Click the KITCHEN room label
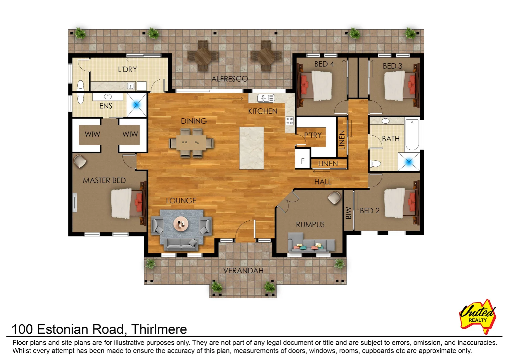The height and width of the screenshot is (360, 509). tap(263, 111)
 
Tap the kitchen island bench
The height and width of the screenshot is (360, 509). tap(251, 148)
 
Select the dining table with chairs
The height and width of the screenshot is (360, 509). tap(191, 143)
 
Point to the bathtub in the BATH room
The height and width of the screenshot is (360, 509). tap(412, 135)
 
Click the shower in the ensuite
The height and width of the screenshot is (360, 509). tap(136, 105)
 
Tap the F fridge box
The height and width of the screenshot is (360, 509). tap(303, 161)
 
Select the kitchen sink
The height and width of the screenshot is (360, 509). tap(266, 98)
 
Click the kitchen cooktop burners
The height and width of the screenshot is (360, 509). tap(290, 121)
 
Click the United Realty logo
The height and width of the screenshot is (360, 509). tap(478, 316)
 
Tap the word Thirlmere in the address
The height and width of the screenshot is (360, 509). tap(159, 329)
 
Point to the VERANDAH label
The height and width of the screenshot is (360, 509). tap(243, 271)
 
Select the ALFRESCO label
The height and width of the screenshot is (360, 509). tap(229, 79)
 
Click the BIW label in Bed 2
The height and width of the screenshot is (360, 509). tap(349, 213)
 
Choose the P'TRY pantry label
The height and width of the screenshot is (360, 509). tap(313, 135)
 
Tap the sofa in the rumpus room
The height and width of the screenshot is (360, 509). tap(311, 245)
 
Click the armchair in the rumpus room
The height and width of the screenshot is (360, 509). tap(334, 197)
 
